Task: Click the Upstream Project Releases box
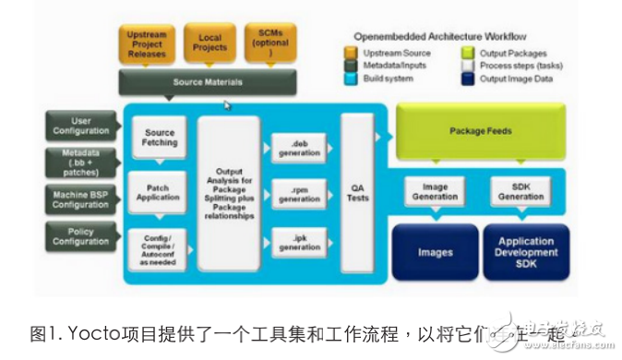(147, 46)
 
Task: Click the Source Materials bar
(208, 83)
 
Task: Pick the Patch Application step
(160, 192)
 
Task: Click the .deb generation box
(298, 148)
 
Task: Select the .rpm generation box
(298, 195)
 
